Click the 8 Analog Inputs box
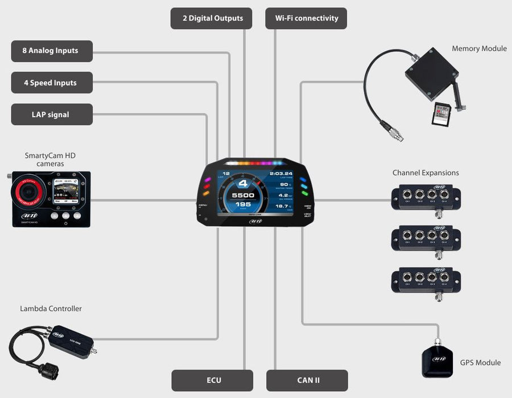tap(51, 51)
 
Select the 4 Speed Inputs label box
tap(51, 83)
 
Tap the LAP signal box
tap(51, 114)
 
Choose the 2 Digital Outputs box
tap(212, 18)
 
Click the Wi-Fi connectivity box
tap(306, 18)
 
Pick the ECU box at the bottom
tap(212, 380)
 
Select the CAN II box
tap(307, 380)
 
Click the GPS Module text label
tap(480, 362)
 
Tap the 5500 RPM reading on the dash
tap(243, 195)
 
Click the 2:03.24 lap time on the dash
tap(281, 174)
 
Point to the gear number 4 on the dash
tap(243, 183)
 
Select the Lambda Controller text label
tap(51, 309)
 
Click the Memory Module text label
tap(479, 48)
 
